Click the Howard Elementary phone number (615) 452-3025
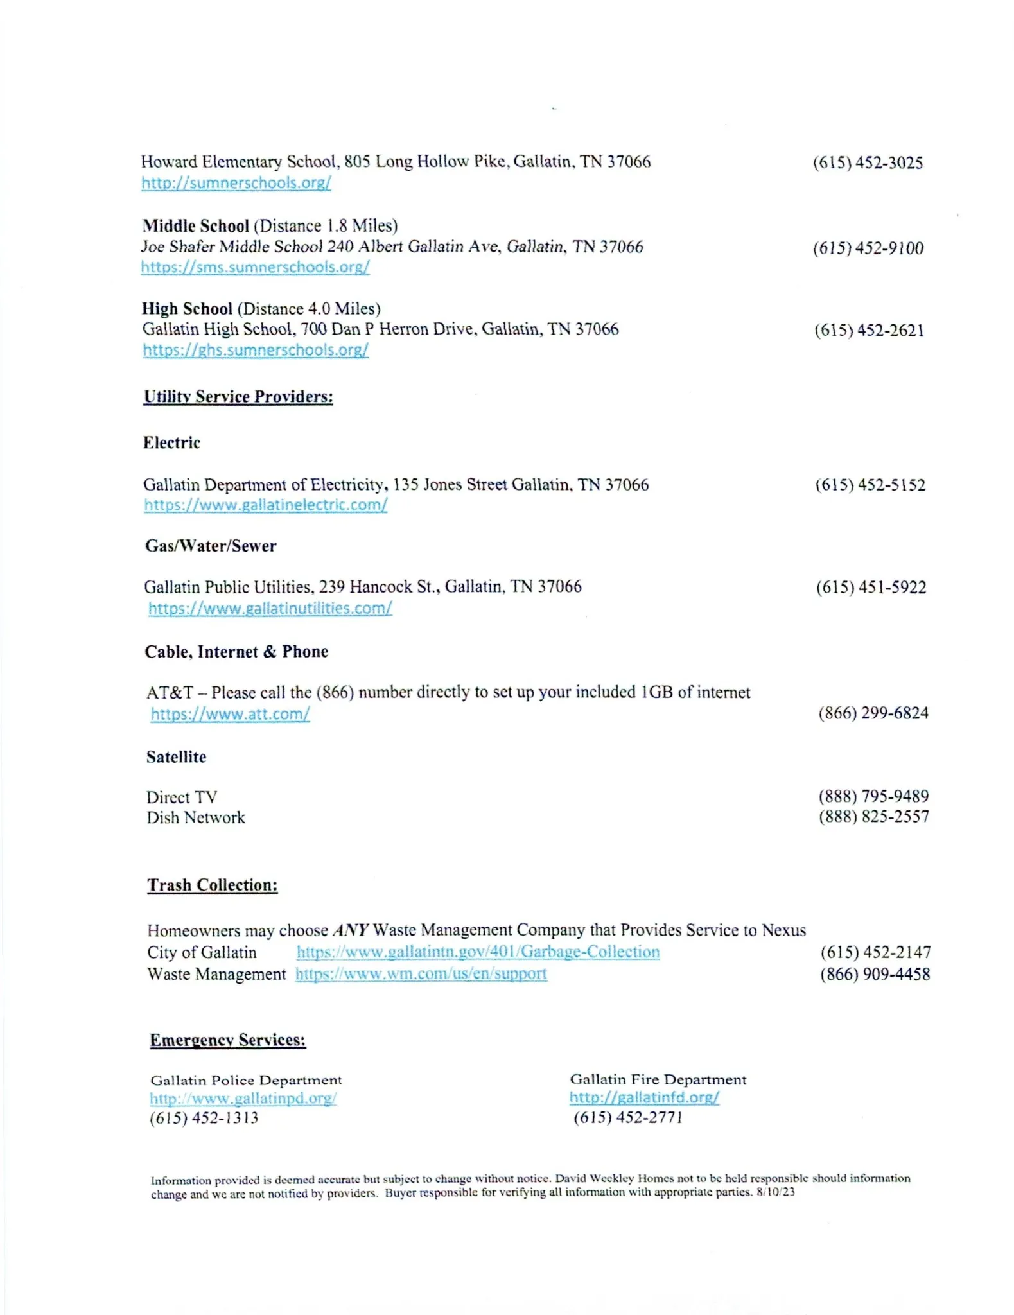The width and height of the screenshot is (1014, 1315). [x=868, y=163]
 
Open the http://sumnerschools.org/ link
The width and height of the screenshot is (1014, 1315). [x=236, y=183]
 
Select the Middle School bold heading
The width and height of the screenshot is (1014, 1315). [x=196, y=226]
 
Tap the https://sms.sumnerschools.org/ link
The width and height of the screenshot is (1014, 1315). [x=255, y=267]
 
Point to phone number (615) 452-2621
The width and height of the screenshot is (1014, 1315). [x=870, y=331]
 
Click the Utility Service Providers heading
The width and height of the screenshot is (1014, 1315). [x=238, y=397]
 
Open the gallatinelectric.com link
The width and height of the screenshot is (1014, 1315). [x=265, y=505]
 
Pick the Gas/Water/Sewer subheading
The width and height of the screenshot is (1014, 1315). [x=211, y=546]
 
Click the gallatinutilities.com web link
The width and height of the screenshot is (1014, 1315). [x=270, y=608]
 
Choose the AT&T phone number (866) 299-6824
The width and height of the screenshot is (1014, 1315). [x=873, y=713]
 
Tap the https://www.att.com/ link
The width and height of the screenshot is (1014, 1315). [x=230, y=714]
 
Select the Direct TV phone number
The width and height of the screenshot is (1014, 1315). [x=873, y=796]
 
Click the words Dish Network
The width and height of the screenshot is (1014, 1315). [x=196, y=817]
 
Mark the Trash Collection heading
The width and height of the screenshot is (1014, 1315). [x=213, y=885]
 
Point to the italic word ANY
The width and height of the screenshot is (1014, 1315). [x=351, y=930]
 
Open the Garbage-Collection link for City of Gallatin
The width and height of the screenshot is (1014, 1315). [x=478, y=952]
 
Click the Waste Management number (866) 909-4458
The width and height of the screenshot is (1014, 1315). [x=875, y=974]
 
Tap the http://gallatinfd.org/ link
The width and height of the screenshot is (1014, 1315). [x=644, y=1097]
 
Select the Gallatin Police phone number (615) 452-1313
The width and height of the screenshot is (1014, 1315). [x=204, y=1118]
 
